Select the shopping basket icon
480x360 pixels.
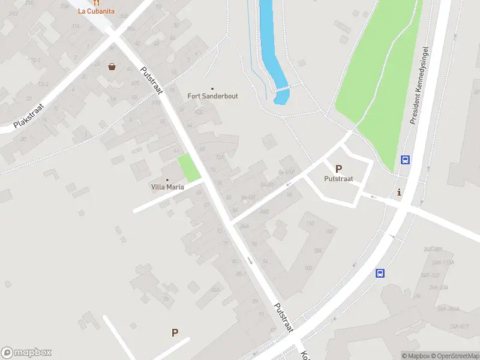pos(112,67)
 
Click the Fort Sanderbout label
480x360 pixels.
pos(212,96)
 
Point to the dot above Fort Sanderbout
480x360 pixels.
pos(212,88)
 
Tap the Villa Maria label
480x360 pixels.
pos(167,187)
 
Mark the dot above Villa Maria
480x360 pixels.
pos(167,179)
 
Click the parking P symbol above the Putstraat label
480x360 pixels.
pos(338,169)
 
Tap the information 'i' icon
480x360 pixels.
pos(400,192)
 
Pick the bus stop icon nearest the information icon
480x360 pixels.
pos(406,160)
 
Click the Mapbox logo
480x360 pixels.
pos(26,353)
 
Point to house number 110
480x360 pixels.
pos(310,224)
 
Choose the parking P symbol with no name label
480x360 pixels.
pos(175,332)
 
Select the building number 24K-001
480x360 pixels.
pos(433,249)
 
